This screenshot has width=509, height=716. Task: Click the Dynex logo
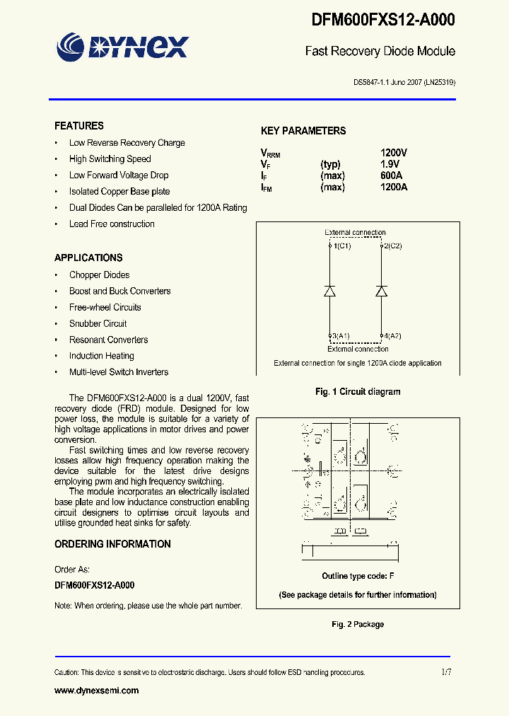pos(122,47)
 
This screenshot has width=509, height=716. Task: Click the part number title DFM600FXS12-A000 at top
pos(383,21)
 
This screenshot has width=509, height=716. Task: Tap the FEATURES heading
pos(79,126)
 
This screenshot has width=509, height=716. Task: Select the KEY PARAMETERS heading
pos(303,131)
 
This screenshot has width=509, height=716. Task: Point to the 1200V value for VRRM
pos(394,153)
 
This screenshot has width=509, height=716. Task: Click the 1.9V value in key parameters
pos(390,164)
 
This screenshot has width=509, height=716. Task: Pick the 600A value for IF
pos(392,175)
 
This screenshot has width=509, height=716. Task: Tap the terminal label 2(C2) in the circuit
pos(392,246)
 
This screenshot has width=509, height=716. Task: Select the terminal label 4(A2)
pos(392,336)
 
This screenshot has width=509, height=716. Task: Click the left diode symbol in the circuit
pos(330,291)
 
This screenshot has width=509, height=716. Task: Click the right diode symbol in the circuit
pos(382,291)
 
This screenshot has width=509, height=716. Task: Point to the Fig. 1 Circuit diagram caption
pos(358,391)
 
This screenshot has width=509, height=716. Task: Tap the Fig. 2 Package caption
pos(358,624)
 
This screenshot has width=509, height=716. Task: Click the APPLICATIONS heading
pos(88,258)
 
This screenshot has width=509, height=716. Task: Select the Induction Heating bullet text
pos(101,356)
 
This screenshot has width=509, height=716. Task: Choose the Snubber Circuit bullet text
pos(98,323)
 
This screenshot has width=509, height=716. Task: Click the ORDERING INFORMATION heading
pos(112,544)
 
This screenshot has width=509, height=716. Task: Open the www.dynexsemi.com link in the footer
pos(97,691)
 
